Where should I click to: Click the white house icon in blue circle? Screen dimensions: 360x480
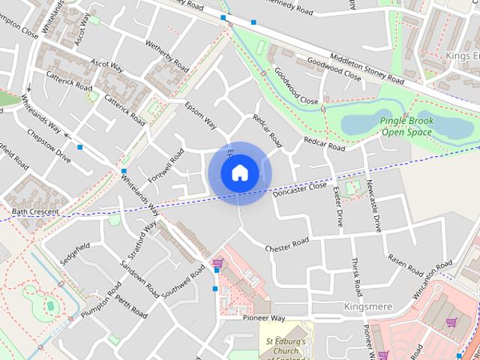click(x=239, y=173)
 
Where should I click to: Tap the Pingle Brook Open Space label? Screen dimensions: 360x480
click(x=406, y=126)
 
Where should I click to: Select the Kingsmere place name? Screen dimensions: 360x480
click(x=367, y=307)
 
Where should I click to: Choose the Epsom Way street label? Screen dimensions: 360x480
click(x=200, y=114)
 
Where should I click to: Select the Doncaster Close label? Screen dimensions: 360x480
click(x=300, y=188)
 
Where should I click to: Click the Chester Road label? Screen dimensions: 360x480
click(x=286, y=245)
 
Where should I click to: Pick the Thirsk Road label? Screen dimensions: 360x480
click(x=356, y=277)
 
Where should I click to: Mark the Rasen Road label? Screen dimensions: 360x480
click(x=405, y=259)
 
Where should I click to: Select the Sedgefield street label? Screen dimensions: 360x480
click(x=75, y=253)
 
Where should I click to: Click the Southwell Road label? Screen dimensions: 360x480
click(x=181, y=281)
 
